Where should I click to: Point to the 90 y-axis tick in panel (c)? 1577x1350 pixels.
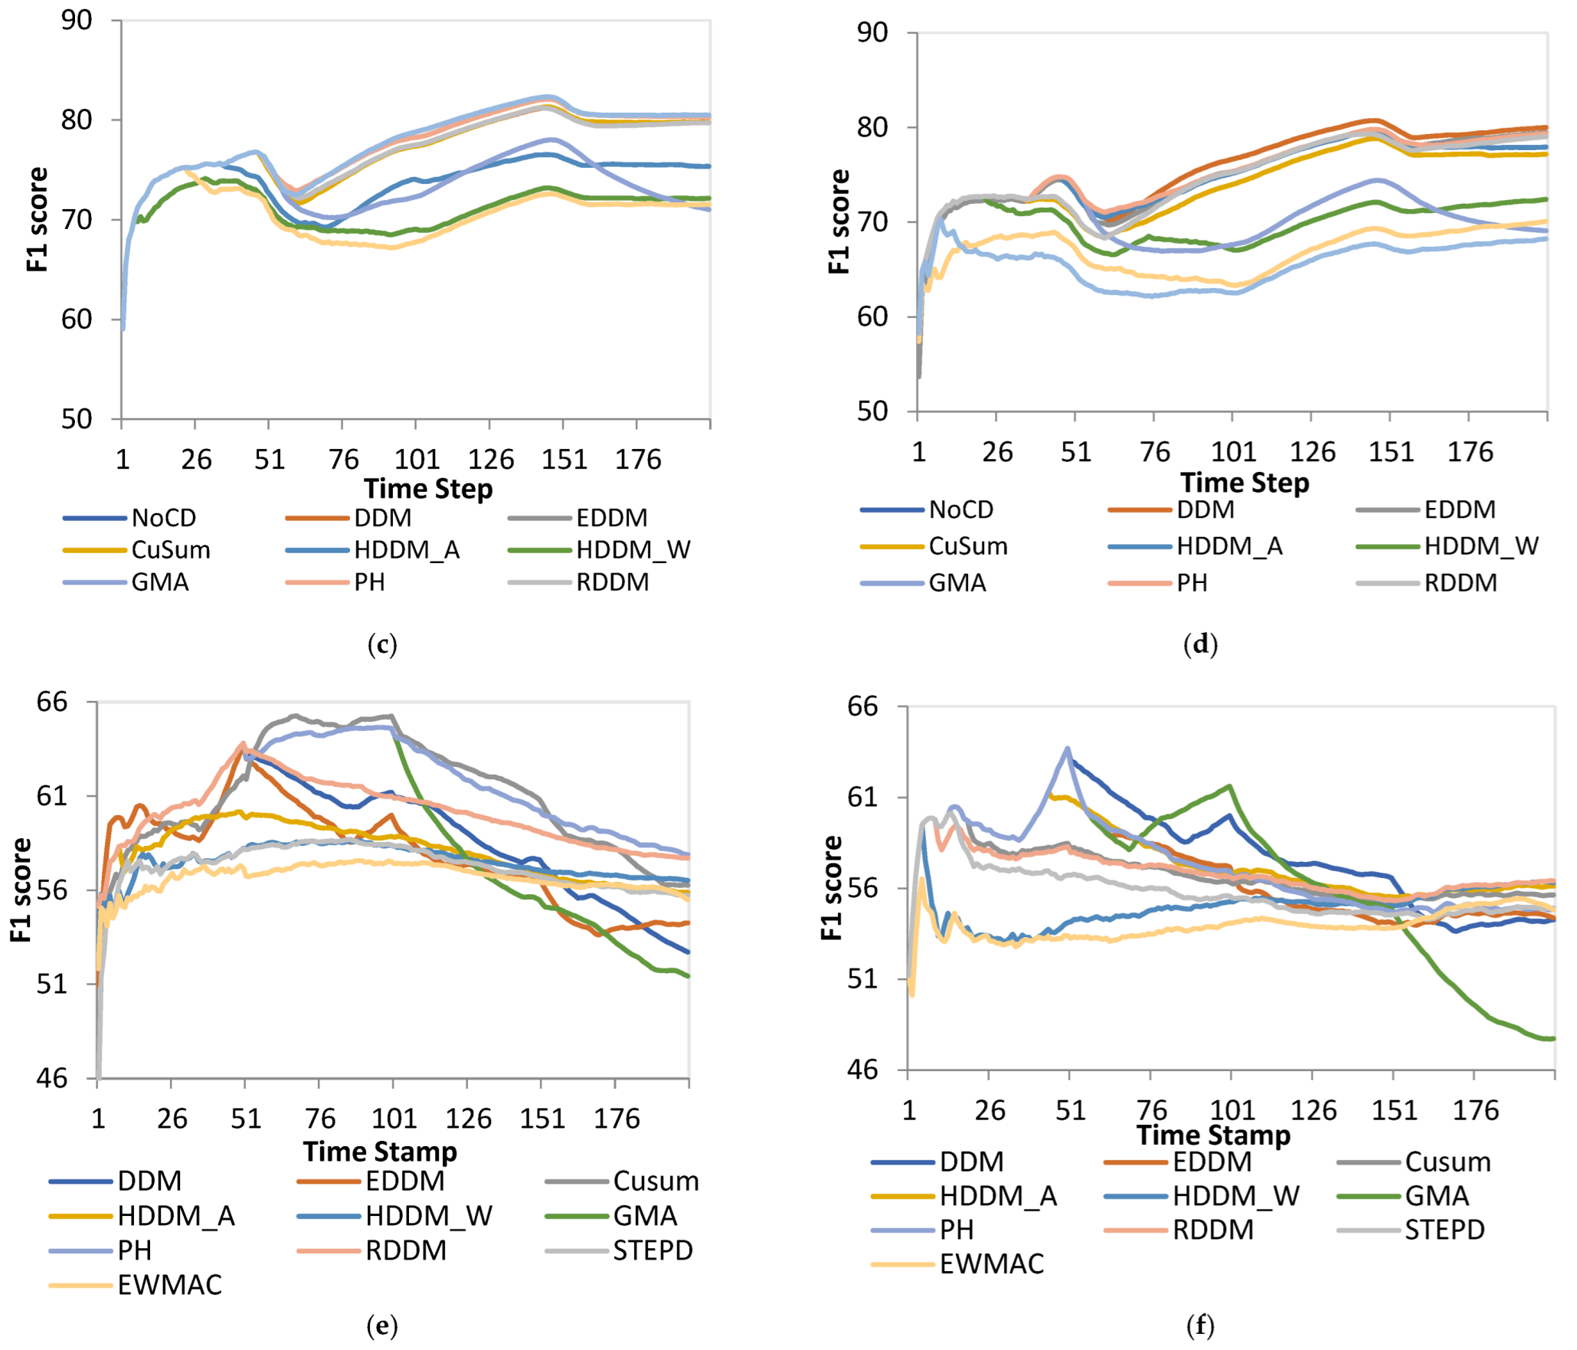pos(77,21)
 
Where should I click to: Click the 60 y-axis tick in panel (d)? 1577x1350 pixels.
pos(872,316)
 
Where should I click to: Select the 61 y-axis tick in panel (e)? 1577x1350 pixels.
pos(52,796)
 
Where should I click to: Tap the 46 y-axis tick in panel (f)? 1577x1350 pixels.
pos(863,1070)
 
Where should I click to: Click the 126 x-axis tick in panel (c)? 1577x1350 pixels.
pos(491,460)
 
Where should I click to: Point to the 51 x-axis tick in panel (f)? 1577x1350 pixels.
pos(1071,1110)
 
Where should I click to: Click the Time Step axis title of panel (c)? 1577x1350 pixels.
pos(428,489)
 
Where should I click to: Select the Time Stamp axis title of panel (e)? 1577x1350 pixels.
pos(380,1152)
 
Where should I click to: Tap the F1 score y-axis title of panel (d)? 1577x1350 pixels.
pos(839,222)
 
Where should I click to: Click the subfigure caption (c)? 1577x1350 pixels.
pos(382,644)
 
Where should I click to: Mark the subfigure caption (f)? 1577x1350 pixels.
pos(1200,1325)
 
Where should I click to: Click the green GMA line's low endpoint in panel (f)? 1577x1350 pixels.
pos(1552,1039)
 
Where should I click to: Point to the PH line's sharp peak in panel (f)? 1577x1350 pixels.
pos(1068,749)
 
